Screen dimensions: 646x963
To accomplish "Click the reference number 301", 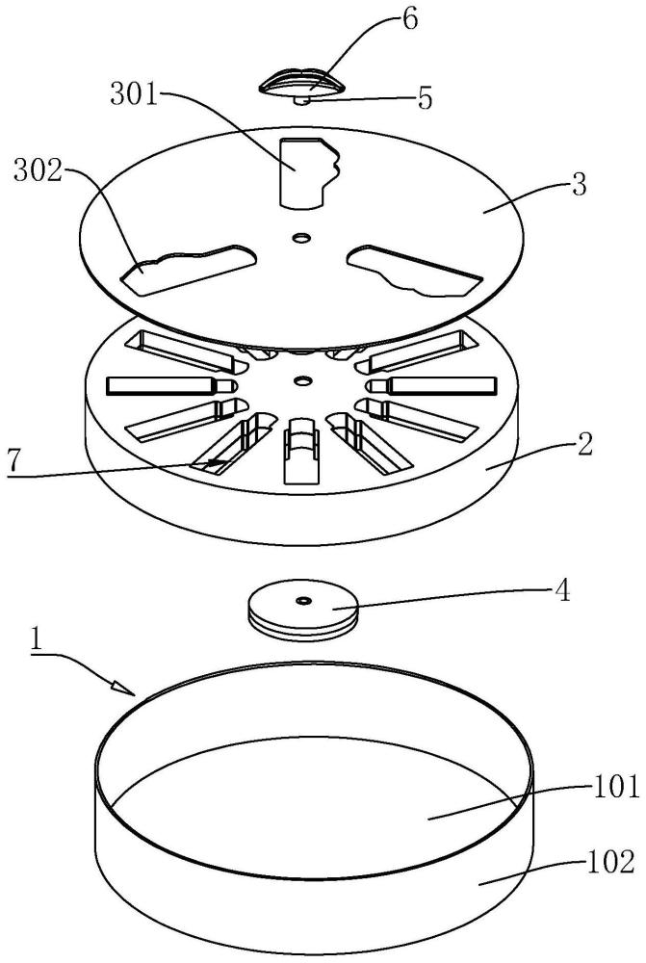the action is click(133, 95).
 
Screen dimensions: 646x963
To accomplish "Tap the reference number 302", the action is click(39, 172).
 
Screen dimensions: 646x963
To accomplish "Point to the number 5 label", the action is click(425, 98).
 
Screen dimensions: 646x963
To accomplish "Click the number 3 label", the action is click(579, 185).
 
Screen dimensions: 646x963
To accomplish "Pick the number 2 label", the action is click(585, 445).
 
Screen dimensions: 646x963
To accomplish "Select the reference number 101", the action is click(616, 787).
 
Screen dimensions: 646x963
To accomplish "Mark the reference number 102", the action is click(611, 862).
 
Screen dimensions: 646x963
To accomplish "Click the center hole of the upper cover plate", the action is click(301, 237).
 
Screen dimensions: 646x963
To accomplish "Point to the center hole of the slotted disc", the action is click(301, 381).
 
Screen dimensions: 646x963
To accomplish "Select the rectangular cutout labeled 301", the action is click(307, 172).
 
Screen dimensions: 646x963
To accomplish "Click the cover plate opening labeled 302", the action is click(189, 269).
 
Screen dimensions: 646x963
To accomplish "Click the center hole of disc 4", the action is click(302, 598).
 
